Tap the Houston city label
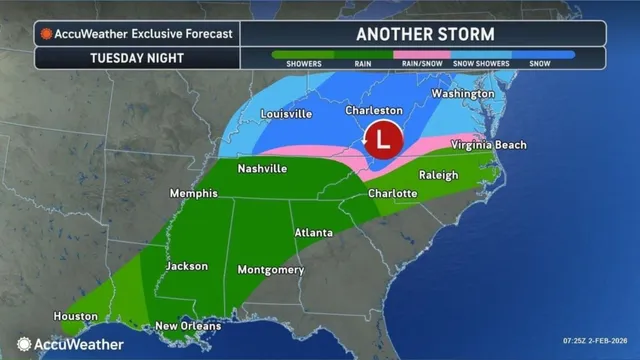tap(76, 316)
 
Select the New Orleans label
tap(187, 327)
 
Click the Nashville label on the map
tap(262, 169)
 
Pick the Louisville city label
tap(284, 114)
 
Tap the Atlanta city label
tap(313, 233)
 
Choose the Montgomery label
tap(270, 270)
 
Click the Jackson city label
tap(187, 266)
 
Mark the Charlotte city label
tap(392, 193)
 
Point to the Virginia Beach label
tap(488, 145)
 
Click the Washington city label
tap(462, 94)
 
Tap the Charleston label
tap(374, 110)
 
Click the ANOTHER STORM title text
tap(424, 32)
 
